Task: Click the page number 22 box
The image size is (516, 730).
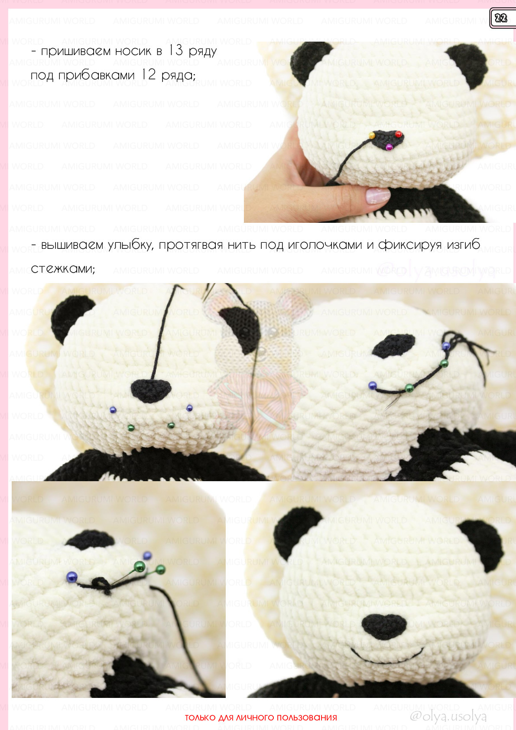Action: [x=502, y=18]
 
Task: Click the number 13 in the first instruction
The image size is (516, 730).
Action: [x=175, y=51]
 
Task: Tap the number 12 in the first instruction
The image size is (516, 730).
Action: [x=148, y=75]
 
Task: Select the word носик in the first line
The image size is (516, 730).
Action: [x=133, y=51]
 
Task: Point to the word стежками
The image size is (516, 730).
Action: [x=63, y=268]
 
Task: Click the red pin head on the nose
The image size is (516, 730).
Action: [x=398, y=134]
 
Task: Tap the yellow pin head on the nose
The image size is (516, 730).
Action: [x=372, y=135]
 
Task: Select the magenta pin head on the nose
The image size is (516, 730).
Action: [x=389, y=147]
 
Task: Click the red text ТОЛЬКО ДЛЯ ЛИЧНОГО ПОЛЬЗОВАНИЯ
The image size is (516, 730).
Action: [x=261, y=717]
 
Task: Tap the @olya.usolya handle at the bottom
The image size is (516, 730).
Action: [x=448, y=716]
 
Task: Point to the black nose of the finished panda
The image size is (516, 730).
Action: [x=384, y=626]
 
